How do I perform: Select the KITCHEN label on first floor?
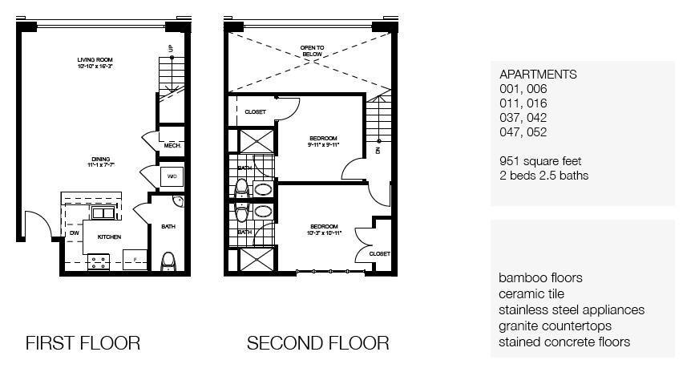pyautogui.click(x=109, y=237)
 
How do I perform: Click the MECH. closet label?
pyautogui.click(x=172, y=146)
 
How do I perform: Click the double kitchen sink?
pyautogui.click(x=103, y=212)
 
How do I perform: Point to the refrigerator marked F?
pyautogui.click(x=135, y=260)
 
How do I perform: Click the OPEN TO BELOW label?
pyautogui.click(x=312, y=51)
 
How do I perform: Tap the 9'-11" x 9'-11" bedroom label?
pyautogui.click(x=324, y=140)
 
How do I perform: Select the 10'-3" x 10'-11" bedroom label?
pyautogui.click(x=324, y=229)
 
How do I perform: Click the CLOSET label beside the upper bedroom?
pyautogui.click(x=255, y=112)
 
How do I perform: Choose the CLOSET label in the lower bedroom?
pyautogui.click(x=379, y=254)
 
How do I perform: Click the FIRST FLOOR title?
pyautogui.click(x=83, y=343)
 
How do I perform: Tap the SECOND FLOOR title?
pyautogui.click(x=317, y=343)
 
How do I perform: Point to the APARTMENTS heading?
pyautogui.click(x=537, y=74)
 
